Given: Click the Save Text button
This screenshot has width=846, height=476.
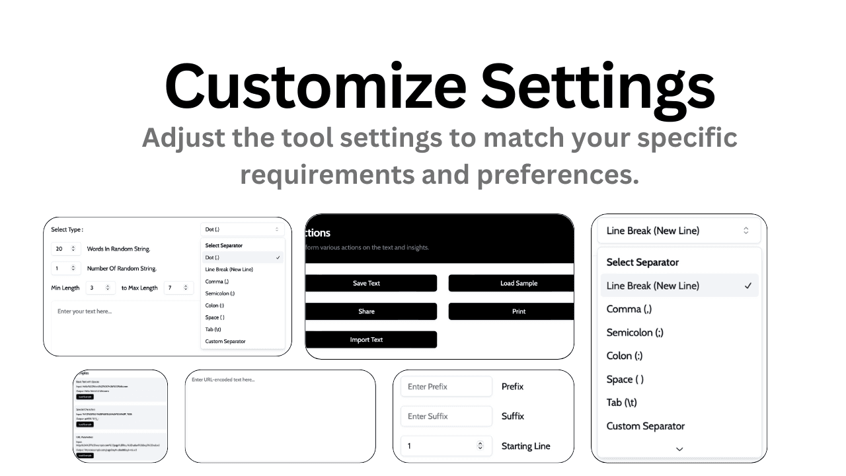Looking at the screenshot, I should coord(366,283).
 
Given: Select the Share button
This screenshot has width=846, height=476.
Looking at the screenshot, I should coord(366,311).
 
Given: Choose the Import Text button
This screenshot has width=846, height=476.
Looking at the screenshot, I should coord(366,340).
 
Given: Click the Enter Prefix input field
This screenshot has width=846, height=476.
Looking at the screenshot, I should coord(446,387).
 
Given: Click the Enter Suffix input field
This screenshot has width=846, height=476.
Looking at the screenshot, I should coord(446,416).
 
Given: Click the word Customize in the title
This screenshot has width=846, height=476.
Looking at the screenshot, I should coord(315,86).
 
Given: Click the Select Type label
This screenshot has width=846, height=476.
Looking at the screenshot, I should coord(67,229).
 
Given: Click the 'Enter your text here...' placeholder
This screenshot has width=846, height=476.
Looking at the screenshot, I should coord(85,311).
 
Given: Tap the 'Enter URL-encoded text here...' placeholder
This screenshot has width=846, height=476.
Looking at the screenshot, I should coord(223,379).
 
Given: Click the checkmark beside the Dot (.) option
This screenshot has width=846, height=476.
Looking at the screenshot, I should coord(278,258).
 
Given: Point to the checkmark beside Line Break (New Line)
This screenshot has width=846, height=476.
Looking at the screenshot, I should coord(748,286).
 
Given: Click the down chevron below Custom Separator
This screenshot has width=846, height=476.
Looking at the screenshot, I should coord(679,449).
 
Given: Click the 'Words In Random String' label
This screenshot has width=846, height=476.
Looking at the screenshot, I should coord(118,249).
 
